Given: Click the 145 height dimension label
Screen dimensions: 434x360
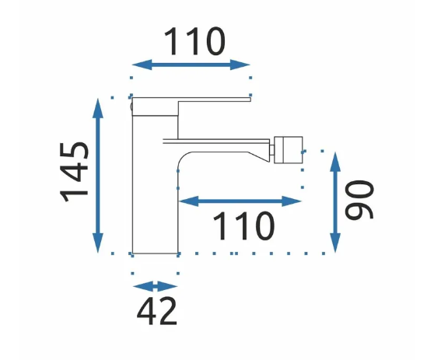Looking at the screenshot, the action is (x=74, y=172).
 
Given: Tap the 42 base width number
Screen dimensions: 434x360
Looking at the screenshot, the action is (x=156, y=312).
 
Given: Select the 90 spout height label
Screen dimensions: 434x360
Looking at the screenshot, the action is (x=359, y=200).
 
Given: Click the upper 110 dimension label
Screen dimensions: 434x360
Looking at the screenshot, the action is (x=194, y=41).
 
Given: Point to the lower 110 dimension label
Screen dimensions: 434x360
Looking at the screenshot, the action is (x=243, y=225).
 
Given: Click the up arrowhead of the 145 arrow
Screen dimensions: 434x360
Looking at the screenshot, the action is (x=98, y=108).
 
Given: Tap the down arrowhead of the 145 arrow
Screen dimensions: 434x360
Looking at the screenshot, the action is (x=98, y=243).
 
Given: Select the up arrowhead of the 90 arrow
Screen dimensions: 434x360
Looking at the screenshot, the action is (x=335, y=162).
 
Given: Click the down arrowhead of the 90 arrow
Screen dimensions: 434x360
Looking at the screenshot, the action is (x=335, y=243).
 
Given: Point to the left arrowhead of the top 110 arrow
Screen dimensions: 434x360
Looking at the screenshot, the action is (x=142, y=65).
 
